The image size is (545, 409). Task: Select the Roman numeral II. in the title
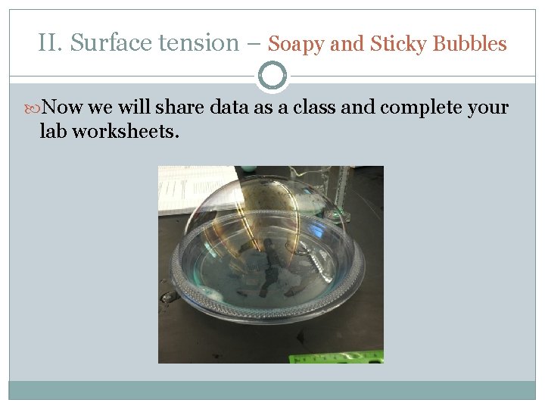(x=51, y=43)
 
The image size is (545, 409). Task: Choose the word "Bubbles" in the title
(x=471, y=44)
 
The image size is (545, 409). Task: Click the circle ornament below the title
(x=272, y=76)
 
